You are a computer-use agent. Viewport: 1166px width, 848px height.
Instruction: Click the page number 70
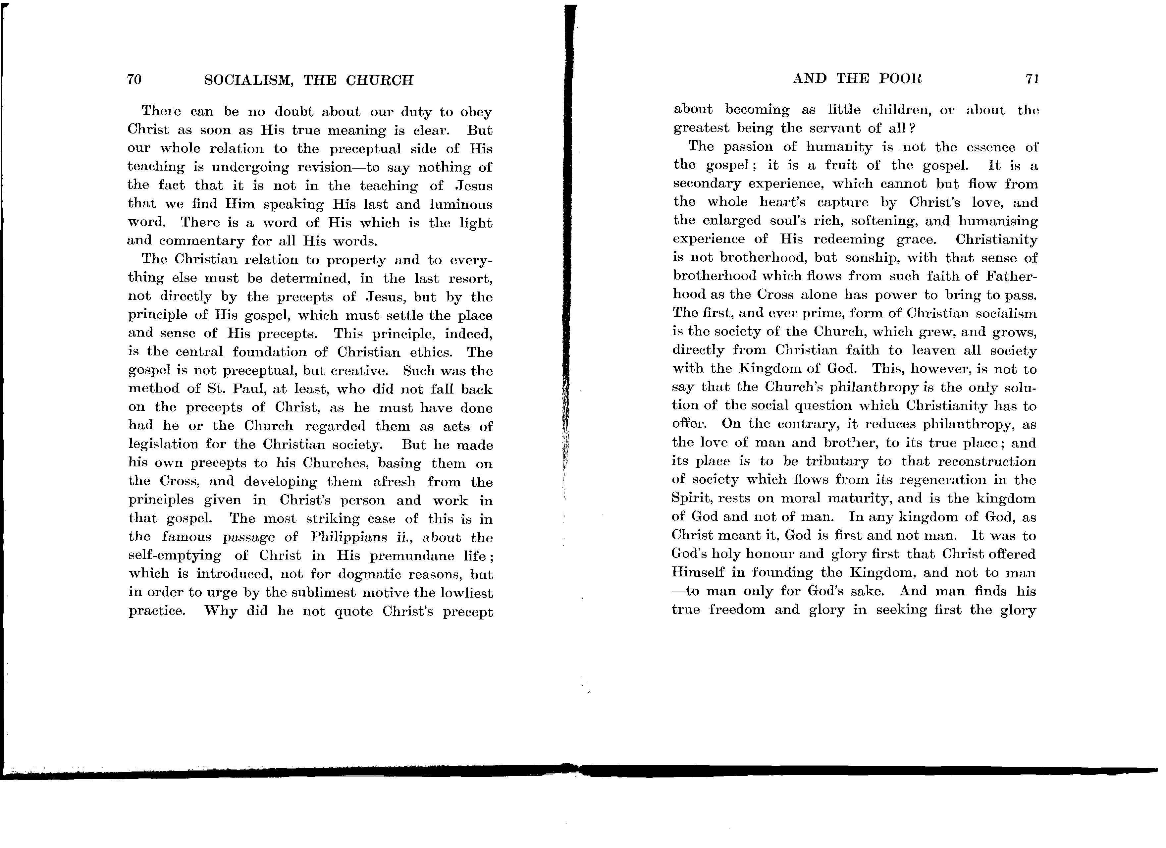134,80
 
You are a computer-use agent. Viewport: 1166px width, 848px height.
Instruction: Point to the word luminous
461,205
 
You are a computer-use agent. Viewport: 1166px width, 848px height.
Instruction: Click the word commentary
201,241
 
